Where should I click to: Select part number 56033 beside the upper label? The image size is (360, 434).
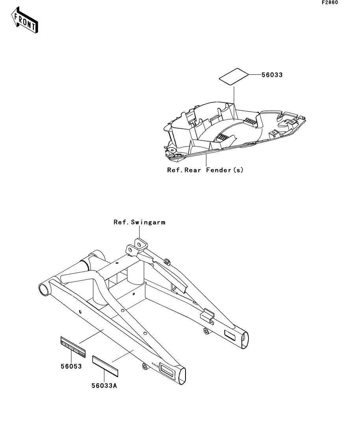[272, 74]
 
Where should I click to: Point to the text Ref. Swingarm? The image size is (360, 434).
[139, 222]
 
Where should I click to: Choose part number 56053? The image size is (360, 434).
[71, 366]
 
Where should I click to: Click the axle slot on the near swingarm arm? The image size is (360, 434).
[167, 369]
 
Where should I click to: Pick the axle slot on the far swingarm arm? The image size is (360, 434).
[230, 335]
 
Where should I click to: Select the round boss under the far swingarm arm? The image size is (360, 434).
[206, 331]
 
